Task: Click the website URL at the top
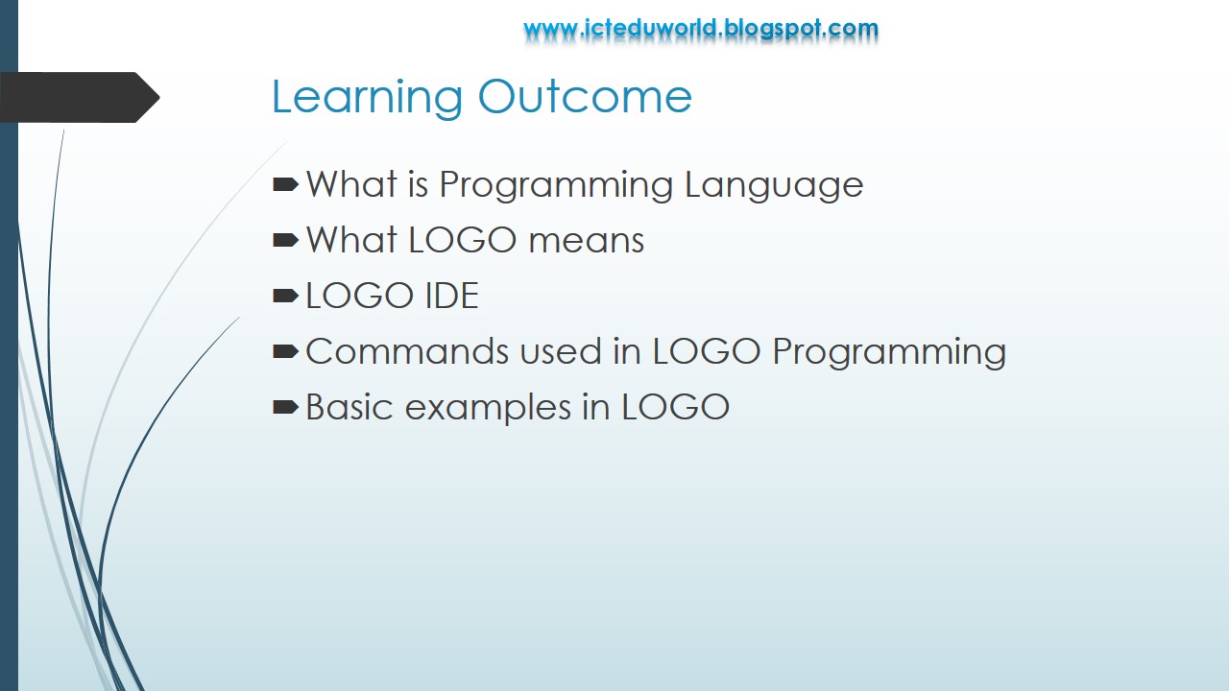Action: (701, 29)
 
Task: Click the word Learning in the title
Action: (367, 98)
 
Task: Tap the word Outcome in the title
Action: (585, 97)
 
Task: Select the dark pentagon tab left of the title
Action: (79, 97)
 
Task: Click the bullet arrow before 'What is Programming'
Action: (285, 184)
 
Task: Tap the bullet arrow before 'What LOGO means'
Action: (285, 240)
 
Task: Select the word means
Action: (587, 241)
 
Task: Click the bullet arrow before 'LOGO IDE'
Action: (285, 296)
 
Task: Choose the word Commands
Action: (407, 352)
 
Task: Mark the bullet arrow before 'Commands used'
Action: (285, 351)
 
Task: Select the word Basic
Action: (349, 407)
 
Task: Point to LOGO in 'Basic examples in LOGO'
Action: (676, 407)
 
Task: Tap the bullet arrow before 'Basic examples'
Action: (285, 407)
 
